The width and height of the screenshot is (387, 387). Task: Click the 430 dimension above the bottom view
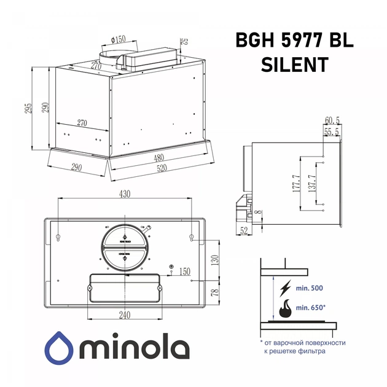coord(125,194)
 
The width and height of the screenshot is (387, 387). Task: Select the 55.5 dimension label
coord(332,131)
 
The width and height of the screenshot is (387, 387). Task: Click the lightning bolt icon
coord(286,289)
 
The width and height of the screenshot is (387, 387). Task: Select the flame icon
coord(286,309)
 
